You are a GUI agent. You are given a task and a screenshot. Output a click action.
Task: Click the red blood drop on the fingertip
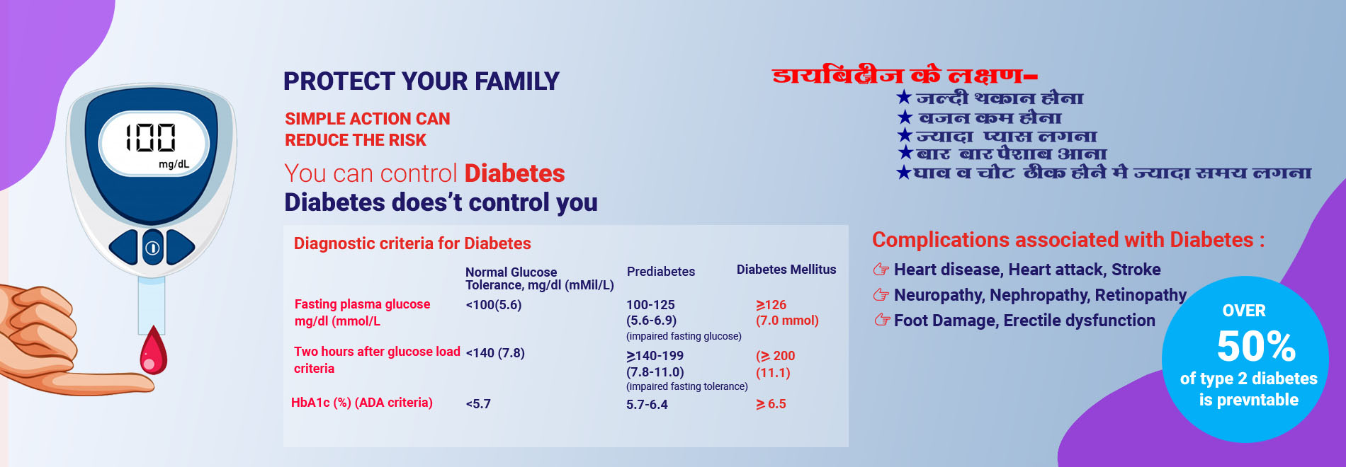click(153, 352)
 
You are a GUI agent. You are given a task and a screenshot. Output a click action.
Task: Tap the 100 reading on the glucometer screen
click(150, 137)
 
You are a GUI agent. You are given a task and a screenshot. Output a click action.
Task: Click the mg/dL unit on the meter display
click(174, 164)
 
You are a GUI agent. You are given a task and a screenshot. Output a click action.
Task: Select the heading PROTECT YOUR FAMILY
click(421, 81)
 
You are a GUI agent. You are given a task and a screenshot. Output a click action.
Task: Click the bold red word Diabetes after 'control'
click(514, 173)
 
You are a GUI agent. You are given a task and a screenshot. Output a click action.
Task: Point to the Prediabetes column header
click(660, 272)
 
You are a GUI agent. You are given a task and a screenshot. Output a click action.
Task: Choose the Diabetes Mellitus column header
click(786, 270)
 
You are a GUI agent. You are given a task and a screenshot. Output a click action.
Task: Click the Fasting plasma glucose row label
click(362, 304)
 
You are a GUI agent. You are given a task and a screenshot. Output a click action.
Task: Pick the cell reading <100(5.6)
click(493, 305)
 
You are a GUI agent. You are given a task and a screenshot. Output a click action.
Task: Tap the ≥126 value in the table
click(771, 305)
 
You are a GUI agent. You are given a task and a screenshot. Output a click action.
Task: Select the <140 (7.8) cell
click(494, 353)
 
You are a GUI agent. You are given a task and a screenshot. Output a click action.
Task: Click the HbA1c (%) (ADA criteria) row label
click(361, 403)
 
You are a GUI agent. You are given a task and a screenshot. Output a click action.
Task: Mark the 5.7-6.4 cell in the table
click(647, 405)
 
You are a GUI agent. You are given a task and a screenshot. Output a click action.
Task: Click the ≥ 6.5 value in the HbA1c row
click(771, 404)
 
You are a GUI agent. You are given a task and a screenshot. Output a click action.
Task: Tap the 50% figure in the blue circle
click(1256, 346)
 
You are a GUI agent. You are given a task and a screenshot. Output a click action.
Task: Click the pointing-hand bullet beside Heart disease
click(881, 269)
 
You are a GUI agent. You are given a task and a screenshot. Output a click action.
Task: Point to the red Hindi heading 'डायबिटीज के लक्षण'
click(905, 74)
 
